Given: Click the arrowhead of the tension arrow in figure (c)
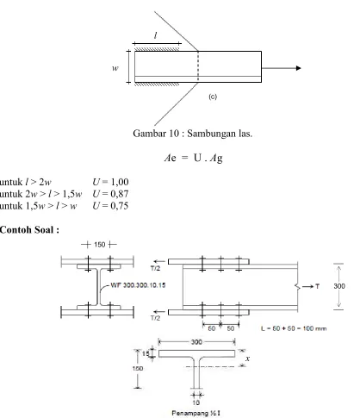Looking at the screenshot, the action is click(x=298, y=68).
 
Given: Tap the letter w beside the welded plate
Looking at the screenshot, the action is click(x=115, y=68).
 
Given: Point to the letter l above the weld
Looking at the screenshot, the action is click(x=156, y=35).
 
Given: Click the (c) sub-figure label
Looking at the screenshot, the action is click(x=213, y=97).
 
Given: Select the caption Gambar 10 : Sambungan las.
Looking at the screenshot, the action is click(x=193, y=134).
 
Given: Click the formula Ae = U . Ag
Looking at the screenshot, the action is click(x=194, y=158).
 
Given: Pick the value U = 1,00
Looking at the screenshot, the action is click(x=110, y=182).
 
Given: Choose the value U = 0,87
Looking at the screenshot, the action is click(x=110, y=194).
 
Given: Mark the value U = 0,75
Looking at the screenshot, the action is click(x=110, y=206).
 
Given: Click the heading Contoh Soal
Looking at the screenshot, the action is click(x=29, y=230).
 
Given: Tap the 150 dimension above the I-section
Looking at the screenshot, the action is click(x=100, y=245).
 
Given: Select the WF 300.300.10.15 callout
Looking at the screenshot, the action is click(x=138, y=285).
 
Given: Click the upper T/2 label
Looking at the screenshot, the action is click(x=155, y=268).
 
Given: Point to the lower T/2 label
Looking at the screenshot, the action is click(x=155, y=318).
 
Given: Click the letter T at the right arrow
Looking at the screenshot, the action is click(x=317, y=286).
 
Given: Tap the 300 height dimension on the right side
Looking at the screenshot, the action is click(x=339, y=286).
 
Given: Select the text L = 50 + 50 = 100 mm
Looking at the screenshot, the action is click(x=294, y=328).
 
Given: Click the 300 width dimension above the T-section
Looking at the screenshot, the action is click(x=196, y=342).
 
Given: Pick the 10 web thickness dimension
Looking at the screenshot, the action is click(x=196, y=402).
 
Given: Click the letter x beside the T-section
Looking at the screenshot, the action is click(x=248, y=359).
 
